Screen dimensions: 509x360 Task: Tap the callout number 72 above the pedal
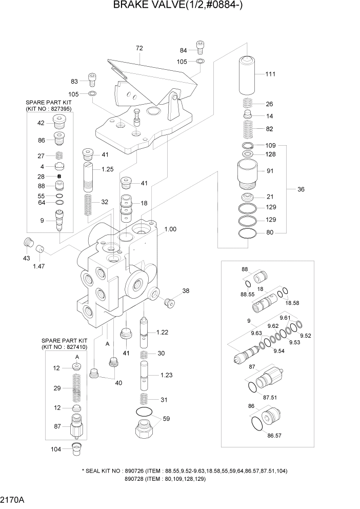139,48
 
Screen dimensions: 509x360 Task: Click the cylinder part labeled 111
249,74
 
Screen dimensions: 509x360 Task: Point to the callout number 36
301,189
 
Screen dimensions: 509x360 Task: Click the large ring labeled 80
249,233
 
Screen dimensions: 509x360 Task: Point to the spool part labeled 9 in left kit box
59,221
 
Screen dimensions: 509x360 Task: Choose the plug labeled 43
29,242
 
